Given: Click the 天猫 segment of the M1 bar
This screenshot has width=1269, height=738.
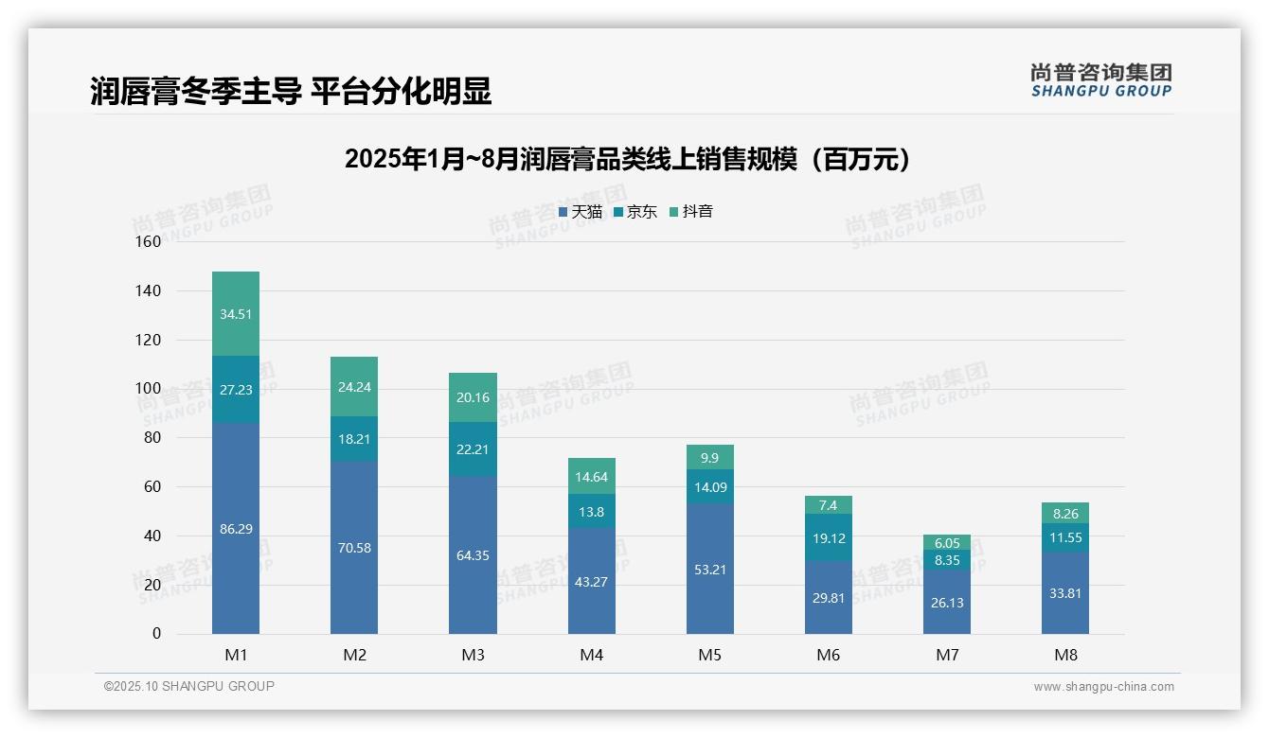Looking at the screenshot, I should (x=236, y=528).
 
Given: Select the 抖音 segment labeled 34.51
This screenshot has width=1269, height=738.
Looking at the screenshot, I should (x=236, y=314).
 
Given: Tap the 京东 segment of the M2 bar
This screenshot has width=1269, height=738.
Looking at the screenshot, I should (x=354, y=439).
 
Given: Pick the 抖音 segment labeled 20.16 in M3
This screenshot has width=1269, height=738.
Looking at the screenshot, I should (x=473, y=397).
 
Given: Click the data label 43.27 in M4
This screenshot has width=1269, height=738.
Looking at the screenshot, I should (x=591, y=582).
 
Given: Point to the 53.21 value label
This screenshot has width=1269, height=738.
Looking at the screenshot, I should (x=709, y=570).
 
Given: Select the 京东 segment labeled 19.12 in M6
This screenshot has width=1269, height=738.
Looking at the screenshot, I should (x=828, y=537).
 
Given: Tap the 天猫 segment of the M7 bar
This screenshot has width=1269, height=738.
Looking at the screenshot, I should (x=946, y=603).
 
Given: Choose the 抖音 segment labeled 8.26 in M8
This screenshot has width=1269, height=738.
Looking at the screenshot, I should (x=1064, y=514).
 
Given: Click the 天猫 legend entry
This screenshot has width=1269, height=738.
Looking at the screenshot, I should (x=581, y=212).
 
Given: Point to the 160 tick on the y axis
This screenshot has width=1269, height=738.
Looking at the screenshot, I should (x=149, y=241).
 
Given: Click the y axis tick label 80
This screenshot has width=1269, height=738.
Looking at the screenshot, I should (x=152, y=437).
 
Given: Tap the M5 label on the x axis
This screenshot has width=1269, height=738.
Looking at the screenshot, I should (x=709, y=655).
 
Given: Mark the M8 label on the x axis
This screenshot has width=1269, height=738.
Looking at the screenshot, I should (x=1064, y=655).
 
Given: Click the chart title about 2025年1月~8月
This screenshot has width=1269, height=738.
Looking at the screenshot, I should (x=627, y=159).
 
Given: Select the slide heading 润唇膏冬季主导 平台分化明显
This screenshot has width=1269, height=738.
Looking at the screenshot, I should (x=291, y=92).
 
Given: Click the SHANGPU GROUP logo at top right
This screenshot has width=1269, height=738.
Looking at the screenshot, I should (x=1100, y=80).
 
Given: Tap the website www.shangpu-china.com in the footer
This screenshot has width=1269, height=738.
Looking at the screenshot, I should (x=1103, y=687).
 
